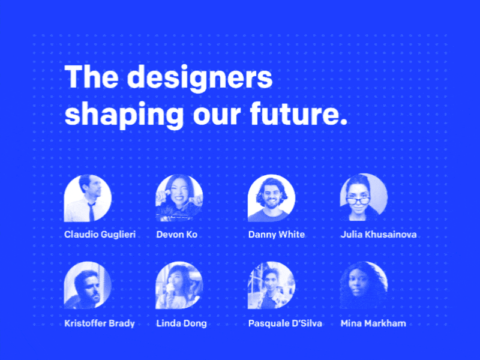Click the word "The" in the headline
click(91, 78)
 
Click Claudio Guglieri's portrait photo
click(88, 198)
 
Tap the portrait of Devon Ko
click(179, 198)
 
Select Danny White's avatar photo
click(271, 198)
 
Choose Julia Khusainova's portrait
click(363, 198)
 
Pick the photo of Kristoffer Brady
click(88, 286)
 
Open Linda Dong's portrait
click(179, 286)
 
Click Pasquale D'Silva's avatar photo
click(271, 286)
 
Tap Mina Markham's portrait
click(363, 286)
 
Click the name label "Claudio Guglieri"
click(100, 235)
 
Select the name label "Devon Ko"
click(176, 235)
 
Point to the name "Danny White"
click(277, 235)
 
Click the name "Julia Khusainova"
click(378, 235)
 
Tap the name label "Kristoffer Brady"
click(100, 323)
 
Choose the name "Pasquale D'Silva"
click(285, 323)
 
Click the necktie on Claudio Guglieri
click(92, 211)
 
